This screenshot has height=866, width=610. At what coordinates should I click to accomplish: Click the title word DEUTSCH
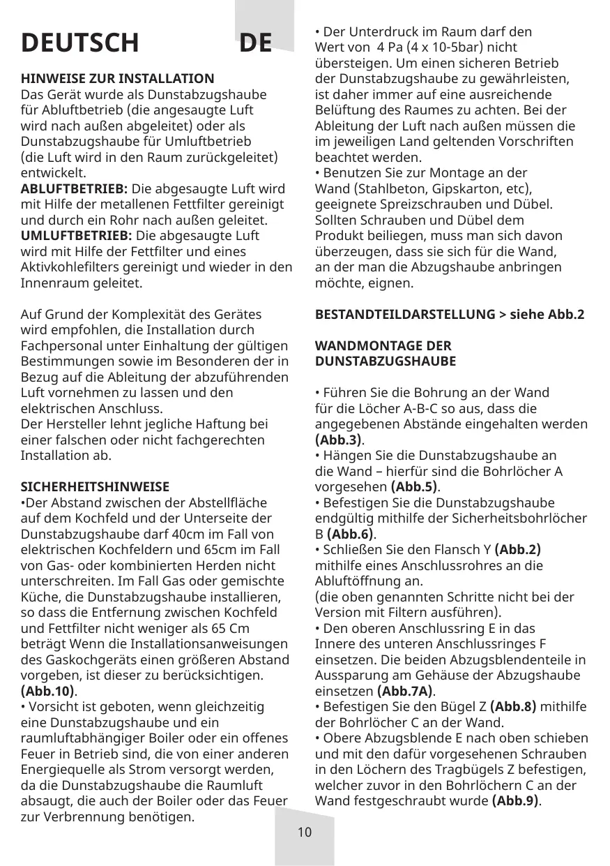[x=79, y=43]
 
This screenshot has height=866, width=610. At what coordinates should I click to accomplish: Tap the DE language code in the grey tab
[x=255, y=43]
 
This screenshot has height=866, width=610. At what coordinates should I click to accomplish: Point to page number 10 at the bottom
[x=304, y=832]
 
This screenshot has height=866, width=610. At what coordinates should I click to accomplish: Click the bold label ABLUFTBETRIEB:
[x=75, y=189]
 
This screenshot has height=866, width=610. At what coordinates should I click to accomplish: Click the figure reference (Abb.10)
[x=48, y=691]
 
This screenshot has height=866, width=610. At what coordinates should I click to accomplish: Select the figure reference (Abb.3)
[x=340, y=440]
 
